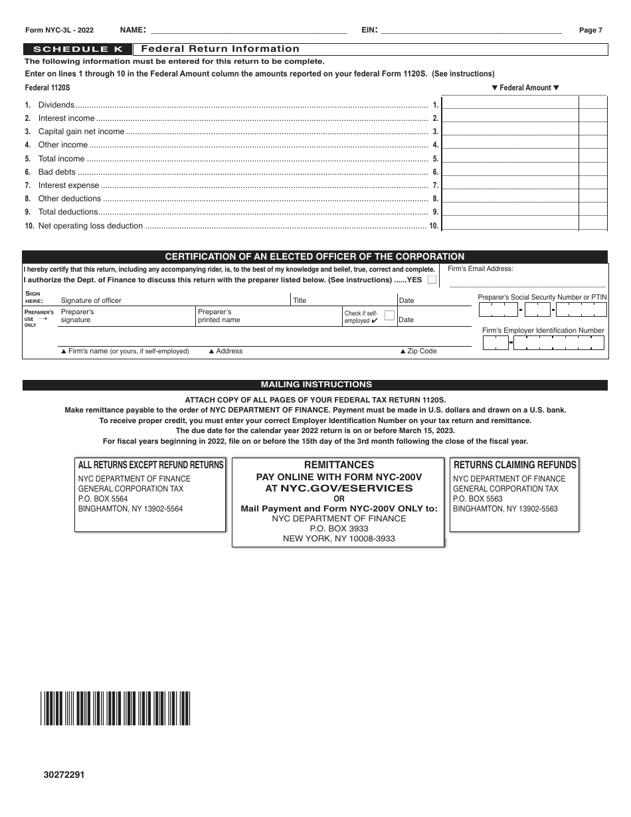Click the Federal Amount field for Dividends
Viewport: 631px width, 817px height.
click(x=510, y=104)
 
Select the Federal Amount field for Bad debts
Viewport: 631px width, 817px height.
click(x=510, y=171)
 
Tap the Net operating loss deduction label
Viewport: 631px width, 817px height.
click(x=90, y=226)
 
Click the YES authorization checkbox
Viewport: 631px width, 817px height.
click(x=432, y=280)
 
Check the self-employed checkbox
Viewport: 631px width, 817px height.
click(x=390, y=316)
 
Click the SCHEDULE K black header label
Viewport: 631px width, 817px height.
click(x=78, y=49)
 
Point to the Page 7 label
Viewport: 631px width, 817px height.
click(x=590, y=30)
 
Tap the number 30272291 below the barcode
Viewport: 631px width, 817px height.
click(x=64, y=774)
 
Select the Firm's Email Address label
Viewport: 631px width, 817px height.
click(x=480, y=269)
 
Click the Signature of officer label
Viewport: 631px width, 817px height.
click(x=91, y=300)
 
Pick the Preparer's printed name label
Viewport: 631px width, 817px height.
click(x=219, y=316)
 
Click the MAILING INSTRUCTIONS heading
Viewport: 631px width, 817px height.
click(x=315, y=385)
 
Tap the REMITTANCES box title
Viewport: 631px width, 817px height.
click(x=338, y=465)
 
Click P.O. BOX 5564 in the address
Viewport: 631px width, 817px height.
click(x=103, y=499)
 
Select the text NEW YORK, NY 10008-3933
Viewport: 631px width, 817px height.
click(x=338, y=539)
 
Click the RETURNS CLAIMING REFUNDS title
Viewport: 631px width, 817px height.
click(x=515, y=465)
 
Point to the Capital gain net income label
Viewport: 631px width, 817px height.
click(x=81, y=132)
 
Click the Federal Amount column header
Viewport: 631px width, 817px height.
click(x=525, y=88)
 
